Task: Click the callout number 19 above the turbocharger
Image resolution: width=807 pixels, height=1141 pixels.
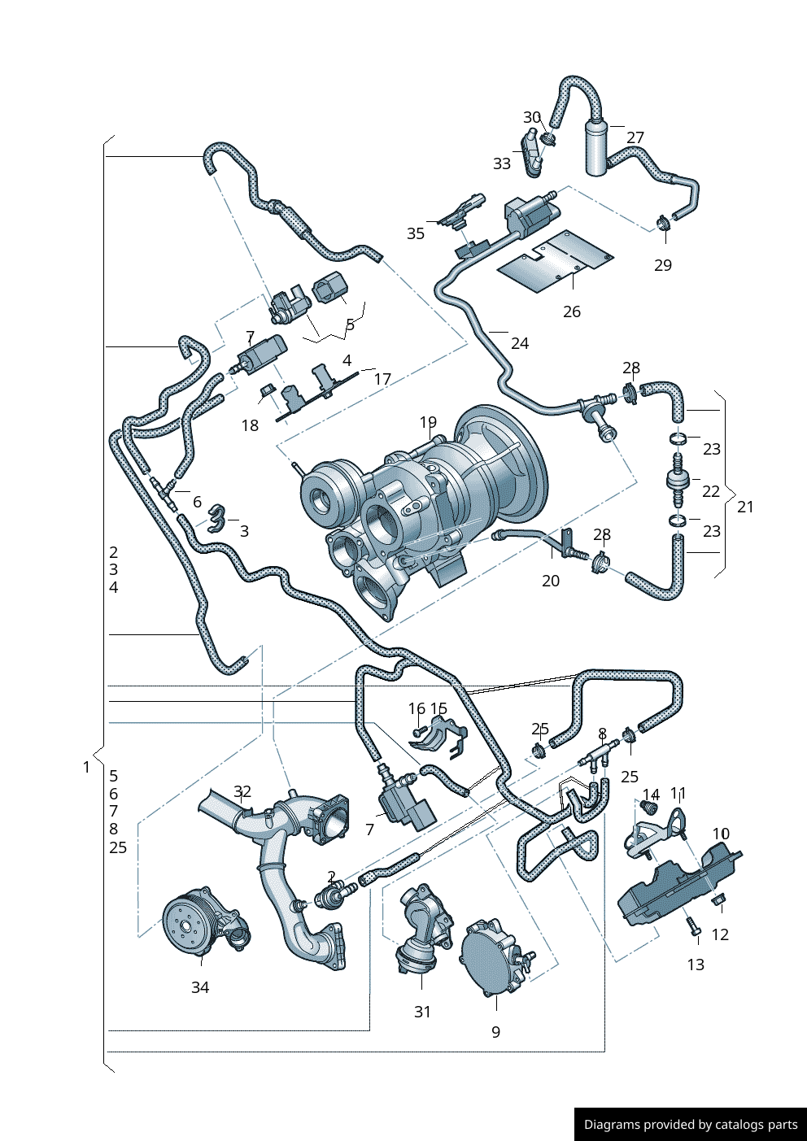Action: pos(428,422)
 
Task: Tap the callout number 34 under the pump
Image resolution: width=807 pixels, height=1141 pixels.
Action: pos(200,986)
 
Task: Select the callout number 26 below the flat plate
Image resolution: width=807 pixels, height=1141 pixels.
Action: pos(572,311)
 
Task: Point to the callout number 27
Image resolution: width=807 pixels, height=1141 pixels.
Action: pos(635,137)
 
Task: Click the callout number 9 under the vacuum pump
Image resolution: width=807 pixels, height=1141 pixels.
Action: pos(495,1032)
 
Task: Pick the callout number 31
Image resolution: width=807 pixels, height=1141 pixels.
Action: pos(422,1012)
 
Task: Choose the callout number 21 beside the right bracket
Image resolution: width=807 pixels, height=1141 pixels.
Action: pos(745,507)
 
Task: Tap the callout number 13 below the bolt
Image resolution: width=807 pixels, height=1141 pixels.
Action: pos(696,965)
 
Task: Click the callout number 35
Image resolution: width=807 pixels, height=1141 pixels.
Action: pos(416,233)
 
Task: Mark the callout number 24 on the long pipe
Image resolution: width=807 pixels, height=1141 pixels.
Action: pos(520,343)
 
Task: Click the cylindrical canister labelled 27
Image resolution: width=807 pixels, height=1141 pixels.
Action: pos(596,146)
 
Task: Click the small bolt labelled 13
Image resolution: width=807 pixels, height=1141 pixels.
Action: pos(692,926)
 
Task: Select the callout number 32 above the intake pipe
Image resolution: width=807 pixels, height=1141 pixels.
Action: pos(242,791)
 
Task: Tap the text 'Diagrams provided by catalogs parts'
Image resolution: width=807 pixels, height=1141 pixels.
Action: pos(691,1125)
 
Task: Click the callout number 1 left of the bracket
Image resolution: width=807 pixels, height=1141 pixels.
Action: pos(87,767)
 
